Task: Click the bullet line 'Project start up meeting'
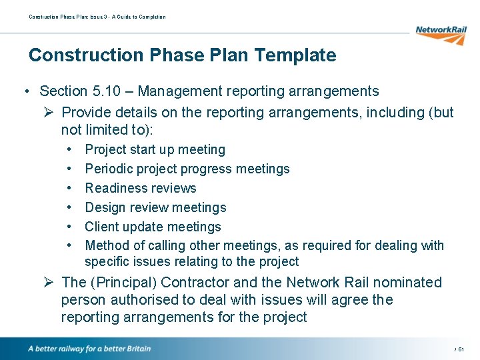155,150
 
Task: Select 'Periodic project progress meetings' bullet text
187,169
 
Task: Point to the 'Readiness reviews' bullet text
141,188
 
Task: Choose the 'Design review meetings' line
155,208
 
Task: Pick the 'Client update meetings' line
153,227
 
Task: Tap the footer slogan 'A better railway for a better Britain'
89,349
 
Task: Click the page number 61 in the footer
461,349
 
